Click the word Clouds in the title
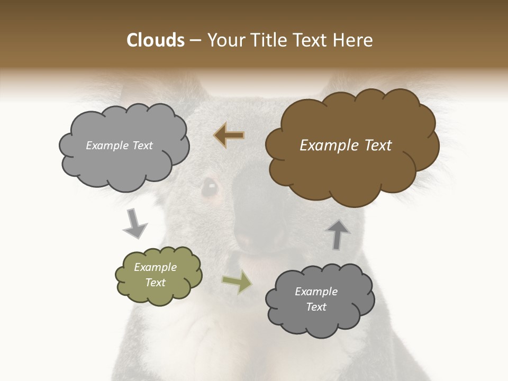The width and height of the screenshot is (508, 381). pyautogui.click(x=156, y=40)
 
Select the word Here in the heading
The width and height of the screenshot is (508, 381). pyautogui.click(x=352, y=40)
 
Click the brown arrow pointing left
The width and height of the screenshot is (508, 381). pyautogui.click(x=229, y=135)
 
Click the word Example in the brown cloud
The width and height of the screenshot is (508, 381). pyautogui.click(x=326, y=146)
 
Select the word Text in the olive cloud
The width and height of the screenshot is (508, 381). pyautogui.click(x=156, y=283)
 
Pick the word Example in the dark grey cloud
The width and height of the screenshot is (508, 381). pyautogui.click(x=316, y=292)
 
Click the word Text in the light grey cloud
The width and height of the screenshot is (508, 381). pyautogui.click(x=141, y=146)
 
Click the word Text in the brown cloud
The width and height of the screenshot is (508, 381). pyautogui.click(x=376, y=146)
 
